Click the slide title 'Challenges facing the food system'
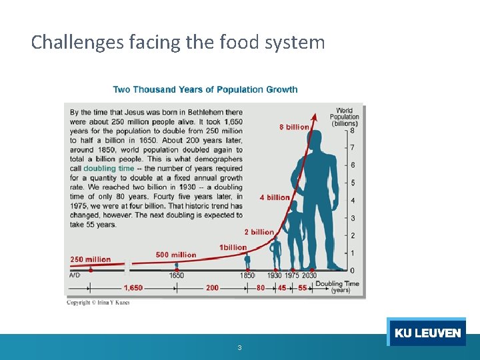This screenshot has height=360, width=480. point(178,43)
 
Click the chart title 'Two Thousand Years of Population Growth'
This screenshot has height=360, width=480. point(205,89)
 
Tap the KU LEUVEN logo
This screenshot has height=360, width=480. point(427,333)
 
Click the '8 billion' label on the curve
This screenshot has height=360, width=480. point(294,127)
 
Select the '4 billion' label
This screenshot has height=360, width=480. point(275,197)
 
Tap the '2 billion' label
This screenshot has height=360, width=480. point(259,232)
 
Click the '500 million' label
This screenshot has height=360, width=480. point(176,255)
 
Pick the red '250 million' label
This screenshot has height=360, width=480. point(91,259)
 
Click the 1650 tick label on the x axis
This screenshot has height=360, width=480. point(177,275)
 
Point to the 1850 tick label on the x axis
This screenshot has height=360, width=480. point(248,275)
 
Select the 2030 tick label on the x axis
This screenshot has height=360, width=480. point(309,275)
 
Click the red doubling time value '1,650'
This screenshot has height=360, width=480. point(133,288)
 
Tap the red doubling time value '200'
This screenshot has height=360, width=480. point(212,288)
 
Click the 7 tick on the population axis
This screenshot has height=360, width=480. point(352,148)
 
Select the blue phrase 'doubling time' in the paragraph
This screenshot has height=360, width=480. point(109,169)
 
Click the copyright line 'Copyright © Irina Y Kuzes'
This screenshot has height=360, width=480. point(98,303)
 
